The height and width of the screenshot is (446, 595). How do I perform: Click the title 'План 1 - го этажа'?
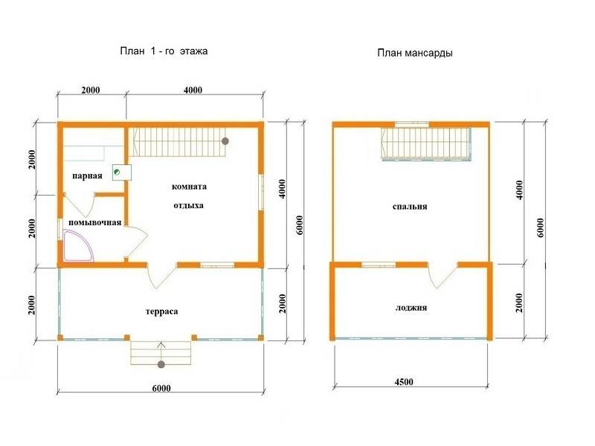164,51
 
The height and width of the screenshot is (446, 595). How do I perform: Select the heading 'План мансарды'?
415,53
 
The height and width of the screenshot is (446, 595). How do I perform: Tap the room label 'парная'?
87,176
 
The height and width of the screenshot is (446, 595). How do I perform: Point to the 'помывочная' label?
95,222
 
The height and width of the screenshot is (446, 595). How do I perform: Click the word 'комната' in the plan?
189,187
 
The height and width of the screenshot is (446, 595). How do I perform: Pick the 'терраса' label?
161,311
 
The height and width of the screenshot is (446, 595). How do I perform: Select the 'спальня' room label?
410,207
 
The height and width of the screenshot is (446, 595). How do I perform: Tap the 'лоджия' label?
411,308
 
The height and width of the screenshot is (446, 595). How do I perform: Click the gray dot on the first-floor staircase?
225,141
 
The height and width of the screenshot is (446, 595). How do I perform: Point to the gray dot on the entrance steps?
161,364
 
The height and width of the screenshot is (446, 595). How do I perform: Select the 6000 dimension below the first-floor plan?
161,388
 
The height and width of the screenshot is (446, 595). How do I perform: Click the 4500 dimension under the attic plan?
404,381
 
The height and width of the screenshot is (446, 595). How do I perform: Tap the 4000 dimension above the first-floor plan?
193,90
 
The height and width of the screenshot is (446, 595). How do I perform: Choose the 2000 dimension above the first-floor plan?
91,90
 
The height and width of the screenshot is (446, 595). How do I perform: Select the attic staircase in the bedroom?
426,144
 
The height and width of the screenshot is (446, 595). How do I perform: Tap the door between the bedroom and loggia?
443,275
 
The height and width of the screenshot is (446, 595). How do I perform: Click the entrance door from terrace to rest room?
161,275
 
